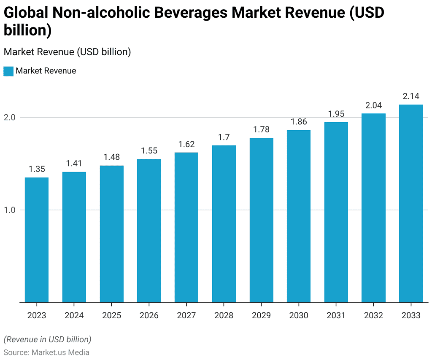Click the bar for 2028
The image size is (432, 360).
click(224, 223)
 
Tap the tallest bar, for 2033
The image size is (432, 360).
click(411, 203)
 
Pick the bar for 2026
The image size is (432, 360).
click(149, 231)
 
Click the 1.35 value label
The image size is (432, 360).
click(37, 169)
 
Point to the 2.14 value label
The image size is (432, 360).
click(411, 96)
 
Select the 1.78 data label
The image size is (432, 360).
click(261, 129)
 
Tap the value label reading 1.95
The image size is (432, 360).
click(336, 114)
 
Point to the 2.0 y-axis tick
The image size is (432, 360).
click(10, 117)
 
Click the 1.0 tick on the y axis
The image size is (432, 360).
click(10, 210)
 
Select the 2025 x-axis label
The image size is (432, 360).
click(111, 315)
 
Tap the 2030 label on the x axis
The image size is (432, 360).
click(299, 315)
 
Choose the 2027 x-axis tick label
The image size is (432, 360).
click(186, 315)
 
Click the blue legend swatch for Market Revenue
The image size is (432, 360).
click(8, 71)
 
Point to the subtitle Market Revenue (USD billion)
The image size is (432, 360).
click(67, 52)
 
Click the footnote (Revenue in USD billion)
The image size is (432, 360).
click(47, 339)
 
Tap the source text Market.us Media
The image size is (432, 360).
click(60, 352)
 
